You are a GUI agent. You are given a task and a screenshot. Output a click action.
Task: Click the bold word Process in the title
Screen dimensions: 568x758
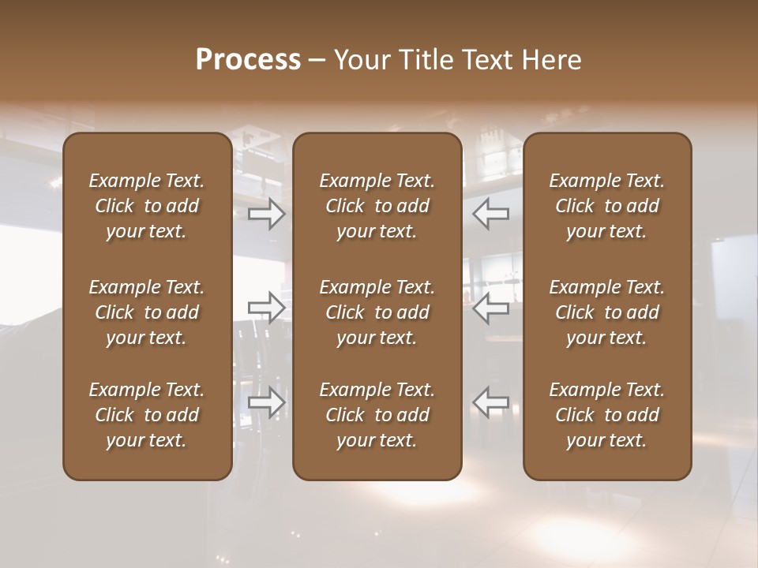pyautogui.click(x=248, y=60)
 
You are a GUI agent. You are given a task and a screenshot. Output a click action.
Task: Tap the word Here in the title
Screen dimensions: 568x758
pyautogui.click(x=551, y=60)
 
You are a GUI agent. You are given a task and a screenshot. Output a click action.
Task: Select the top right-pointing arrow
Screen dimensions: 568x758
pyautogui.click(x=267, y=214)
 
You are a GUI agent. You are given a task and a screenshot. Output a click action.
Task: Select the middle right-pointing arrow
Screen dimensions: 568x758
pyautogui.click(x=267, y=308)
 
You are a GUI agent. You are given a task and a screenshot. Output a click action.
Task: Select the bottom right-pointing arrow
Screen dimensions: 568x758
pyautogui.click(x=267, y=402)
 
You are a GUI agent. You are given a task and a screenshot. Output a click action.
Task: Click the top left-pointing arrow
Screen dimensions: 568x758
pyautogui.click(x=491, y=214)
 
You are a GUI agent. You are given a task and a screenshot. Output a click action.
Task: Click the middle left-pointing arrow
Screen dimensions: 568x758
pyautogui.click(x=491, y=308)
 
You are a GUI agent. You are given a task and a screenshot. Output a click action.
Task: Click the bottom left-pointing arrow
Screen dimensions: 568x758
pyautogui.click(x=491, y=402)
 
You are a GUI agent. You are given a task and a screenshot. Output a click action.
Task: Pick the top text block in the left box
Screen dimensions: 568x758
pyautogui.click(x=147, y=206)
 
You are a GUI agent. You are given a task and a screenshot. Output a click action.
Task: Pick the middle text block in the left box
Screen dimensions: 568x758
pyautogui.click(x=147, y=312)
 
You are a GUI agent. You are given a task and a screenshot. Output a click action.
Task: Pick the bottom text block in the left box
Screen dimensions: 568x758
pyautogui.click(x=147, y=415)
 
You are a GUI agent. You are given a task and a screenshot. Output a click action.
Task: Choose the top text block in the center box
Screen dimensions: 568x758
pyautogui.click(x=377, y=206)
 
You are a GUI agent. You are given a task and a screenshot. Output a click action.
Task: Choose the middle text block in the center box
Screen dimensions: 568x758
pyautogui.click(x=377, y=312)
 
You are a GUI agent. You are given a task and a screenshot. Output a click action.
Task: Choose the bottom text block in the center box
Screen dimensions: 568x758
pyautogui.click(x=377, y=415)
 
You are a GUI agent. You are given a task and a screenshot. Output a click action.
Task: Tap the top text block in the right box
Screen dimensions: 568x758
pyautogui.click(x=606, y=206)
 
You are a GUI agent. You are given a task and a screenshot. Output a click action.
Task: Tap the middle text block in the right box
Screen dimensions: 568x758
pyautogui.click(x=606, y=312)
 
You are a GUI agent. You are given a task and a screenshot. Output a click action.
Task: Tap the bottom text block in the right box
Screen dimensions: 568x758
pyautogui.click(x=606, y=415)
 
